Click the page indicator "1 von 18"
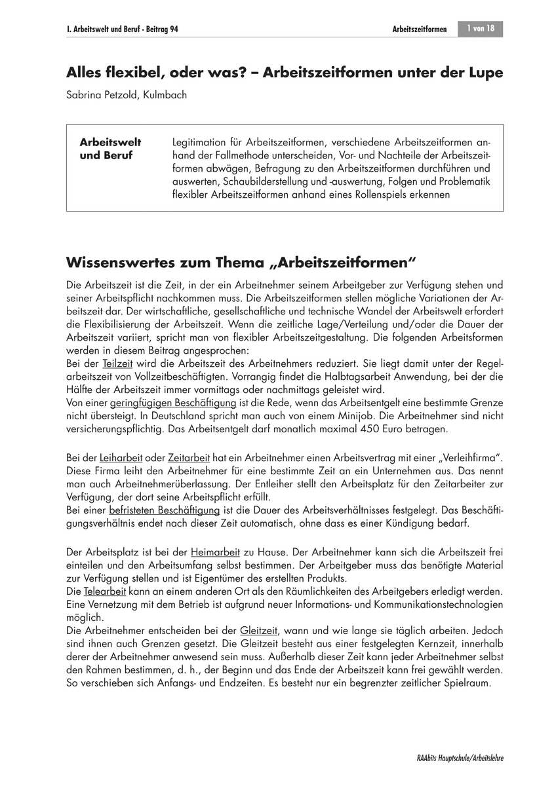481,29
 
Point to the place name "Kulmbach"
165,95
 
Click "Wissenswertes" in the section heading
117,263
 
